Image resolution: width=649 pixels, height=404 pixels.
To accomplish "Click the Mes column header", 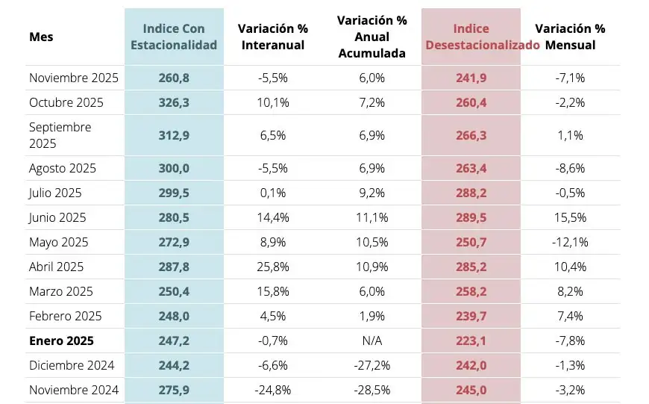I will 41,37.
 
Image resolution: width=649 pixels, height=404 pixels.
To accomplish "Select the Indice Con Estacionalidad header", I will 174,37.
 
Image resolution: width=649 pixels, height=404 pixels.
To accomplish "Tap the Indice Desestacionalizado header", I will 471,37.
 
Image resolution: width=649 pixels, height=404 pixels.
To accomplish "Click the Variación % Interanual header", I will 272,37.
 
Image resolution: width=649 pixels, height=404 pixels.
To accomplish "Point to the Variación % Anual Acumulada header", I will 371,37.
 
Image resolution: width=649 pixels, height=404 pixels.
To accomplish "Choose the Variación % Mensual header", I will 570,37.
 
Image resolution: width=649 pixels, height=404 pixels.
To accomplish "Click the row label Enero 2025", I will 61,341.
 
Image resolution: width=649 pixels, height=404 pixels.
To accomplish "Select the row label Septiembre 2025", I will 60,135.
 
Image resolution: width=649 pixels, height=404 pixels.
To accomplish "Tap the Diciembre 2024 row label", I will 72,365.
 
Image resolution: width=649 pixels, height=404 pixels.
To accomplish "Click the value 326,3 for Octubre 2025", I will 174,102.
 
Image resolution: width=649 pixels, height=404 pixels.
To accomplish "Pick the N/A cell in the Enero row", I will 371,341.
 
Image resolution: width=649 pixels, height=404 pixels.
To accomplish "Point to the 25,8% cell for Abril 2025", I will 272,267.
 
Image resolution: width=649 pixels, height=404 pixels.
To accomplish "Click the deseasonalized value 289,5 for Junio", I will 471,217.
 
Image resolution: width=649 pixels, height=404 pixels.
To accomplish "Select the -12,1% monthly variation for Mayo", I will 570,242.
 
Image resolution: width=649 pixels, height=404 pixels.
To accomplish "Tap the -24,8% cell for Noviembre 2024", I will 272,390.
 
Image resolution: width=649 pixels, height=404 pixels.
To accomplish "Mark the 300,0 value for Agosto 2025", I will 174,168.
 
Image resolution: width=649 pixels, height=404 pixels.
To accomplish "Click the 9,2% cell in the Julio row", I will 371,193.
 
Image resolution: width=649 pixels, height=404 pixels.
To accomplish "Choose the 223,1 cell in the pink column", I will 471,341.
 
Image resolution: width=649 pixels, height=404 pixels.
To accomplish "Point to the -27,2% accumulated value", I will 371,365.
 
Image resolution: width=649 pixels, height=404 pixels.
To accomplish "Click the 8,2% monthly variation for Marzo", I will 570,291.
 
